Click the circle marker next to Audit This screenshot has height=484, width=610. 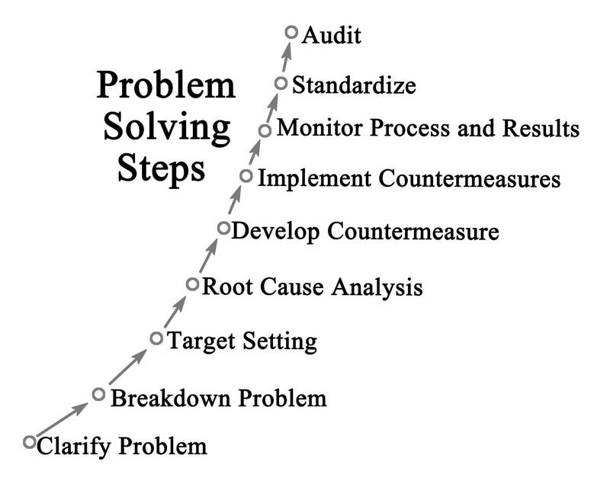coord(291,32)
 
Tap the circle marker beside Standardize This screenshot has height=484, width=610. coord(281,83)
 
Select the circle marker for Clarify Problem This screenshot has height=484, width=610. coord(30,441)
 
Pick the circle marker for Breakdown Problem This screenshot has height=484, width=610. coord(98,394)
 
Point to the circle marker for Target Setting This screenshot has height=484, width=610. coord(156,338)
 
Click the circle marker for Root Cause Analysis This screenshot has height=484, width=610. coord(192,284)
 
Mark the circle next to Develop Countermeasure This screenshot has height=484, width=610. coord(223,227)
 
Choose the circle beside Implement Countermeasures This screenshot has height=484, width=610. coord(246,176)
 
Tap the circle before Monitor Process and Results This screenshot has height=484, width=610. coord(265,130)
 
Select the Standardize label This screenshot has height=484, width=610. coord(354,85)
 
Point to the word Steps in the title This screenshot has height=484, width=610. coord(162,169)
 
